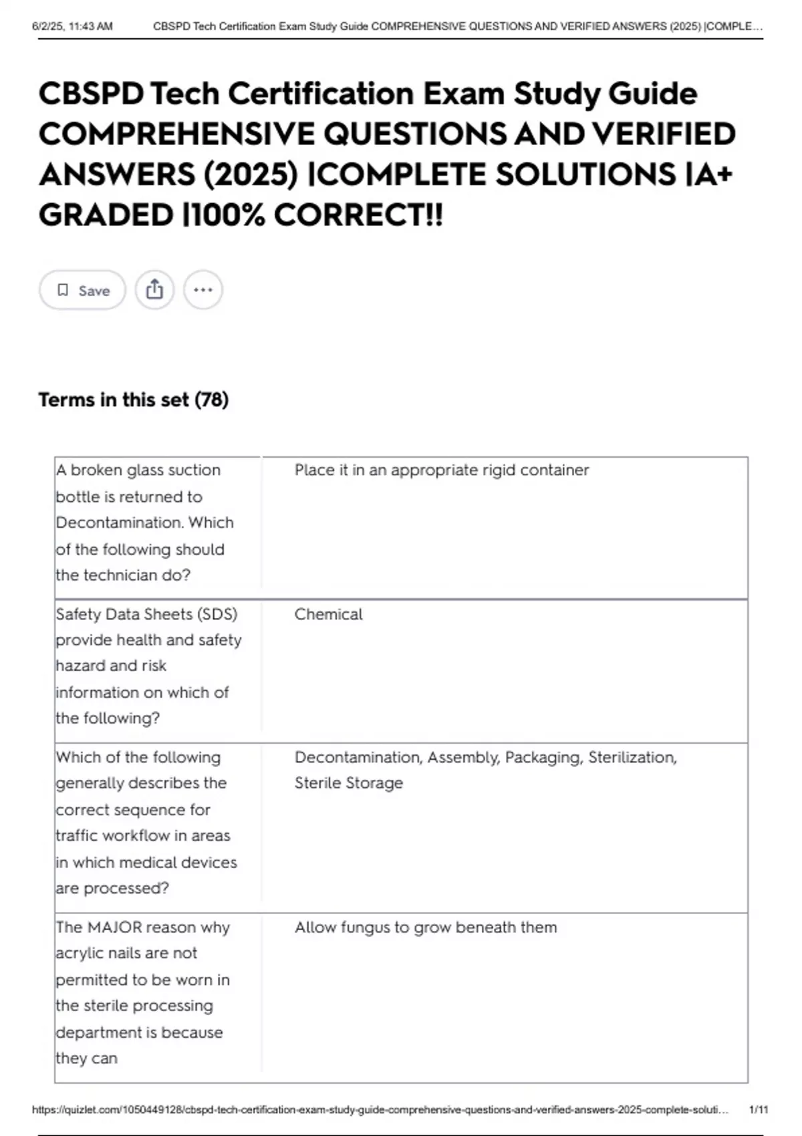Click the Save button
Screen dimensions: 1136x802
tap(83, 290)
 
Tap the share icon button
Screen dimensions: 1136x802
tap(154, 290)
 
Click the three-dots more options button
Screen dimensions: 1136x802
tap(203, 290)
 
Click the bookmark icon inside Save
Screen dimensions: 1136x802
tap(63, 290)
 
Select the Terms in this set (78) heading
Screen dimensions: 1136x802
tap(134, 400)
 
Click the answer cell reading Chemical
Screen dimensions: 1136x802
tap(328, 614)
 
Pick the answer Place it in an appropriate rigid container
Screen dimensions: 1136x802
tap(442, 470)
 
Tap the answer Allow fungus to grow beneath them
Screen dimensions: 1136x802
tap(426, 927)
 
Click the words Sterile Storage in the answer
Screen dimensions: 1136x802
tap(349, 783)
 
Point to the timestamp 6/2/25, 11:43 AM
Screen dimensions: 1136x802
tap(72, 27)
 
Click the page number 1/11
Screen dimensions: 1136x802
tap(759, 1109)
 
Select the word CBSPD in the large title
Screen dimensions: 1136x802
tap(91, 94)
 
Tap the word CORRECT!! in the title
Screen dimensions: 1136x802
tap(358, 215)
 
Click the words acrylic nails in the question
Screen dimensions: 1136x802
tap(126, 953)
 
